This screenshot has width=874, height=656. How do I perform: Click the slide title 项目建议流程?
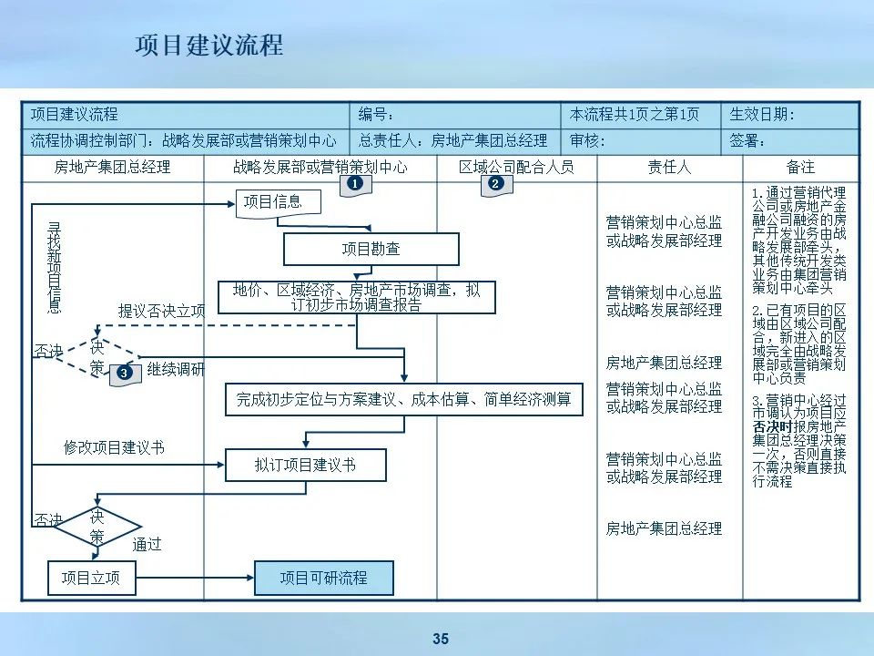pos(208,46)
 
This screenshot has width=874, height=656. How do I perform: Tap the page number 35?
pos(441,639)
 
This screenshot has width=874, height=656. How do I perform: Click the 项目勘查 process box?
pos(371,249)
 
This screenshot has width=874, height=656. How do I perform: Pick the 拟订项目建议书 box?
pos(305,465)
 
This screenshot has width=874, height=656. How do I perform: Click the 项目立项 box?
pos(91,578)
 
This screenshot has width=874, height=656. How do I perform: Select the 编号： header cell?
pos(455,115)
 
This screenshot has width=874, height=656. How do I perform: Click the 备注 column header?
pos(800,168)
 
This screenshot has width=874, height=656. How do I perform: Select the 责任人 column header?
pos(669,168)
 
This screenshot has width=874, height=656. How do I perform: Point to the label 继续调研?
pos(177,370)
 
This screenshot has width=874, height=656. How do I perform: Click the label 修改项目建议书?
pos(114,447)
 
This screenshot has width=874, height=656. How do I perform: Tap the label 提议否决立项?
pos(162,311)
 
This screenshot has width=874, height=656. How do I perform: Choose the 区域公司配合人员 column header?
pos(516,168)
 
